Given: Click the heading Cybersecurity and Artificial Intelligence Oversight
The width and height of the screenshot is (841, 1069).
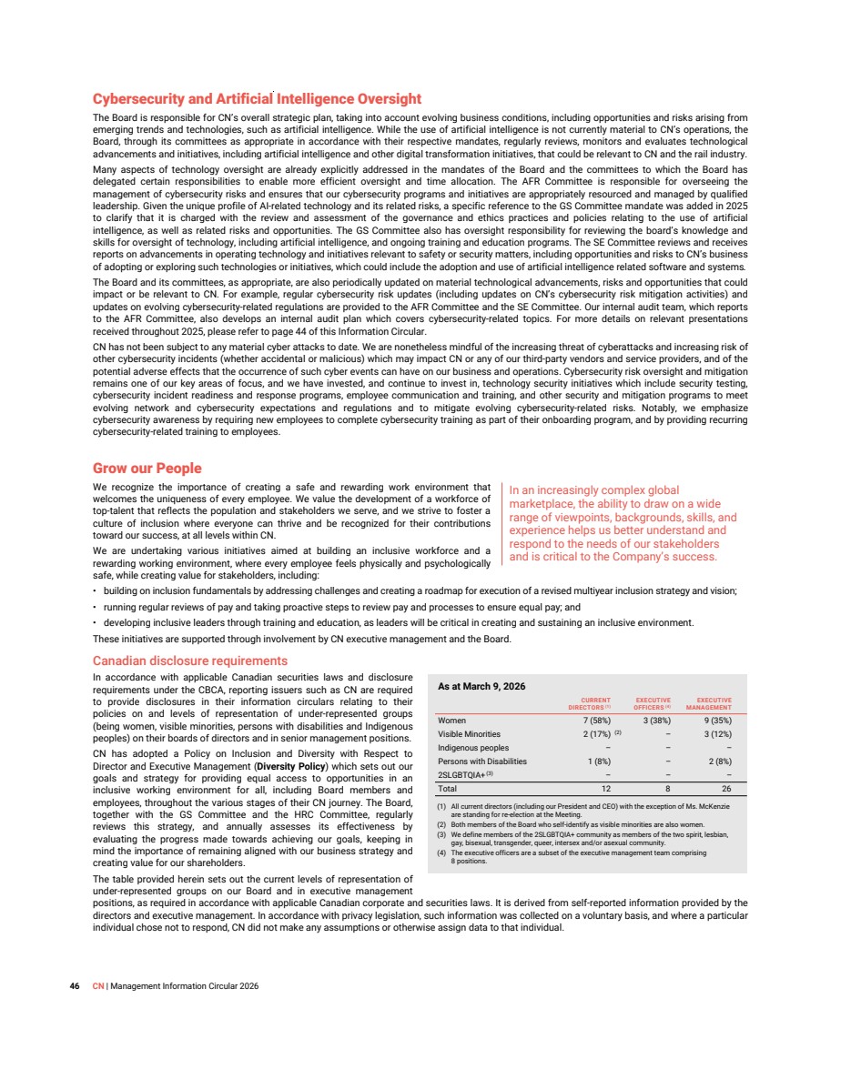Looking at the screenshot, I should click(257, 99).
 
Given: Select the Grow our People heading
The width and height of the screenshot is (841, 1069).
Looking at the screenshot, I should click(147, 469).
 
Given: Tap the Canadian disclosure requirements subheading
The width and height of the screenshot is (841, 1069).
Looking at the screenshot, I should click(190, 661).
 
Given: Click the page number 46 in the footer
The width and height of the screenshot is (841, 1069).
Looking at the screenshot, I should click(76, 985).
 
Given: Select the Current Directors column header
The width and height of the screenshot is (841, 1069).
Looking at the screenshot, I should click(589, 703).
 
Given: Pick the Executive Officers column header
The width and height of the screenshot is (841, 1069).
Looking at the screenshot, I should click(653, 703).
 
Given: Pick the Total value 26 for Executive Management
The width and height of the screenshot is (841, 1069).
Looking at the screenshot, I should click(726, 789).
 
